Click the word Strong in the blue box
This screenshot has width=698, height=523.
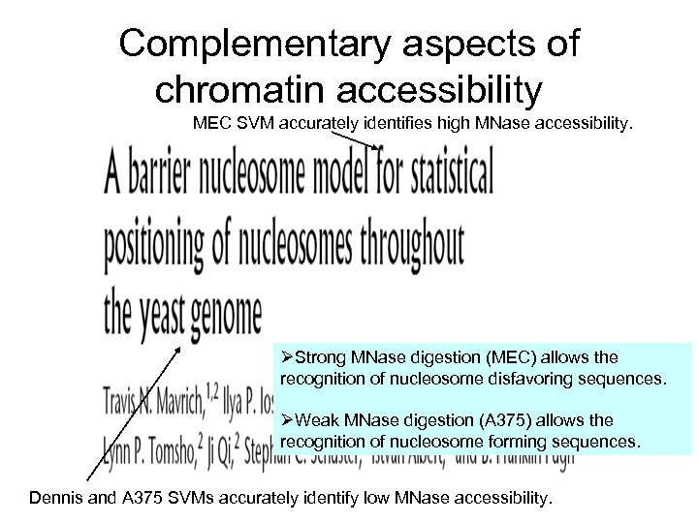(321, 358)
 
